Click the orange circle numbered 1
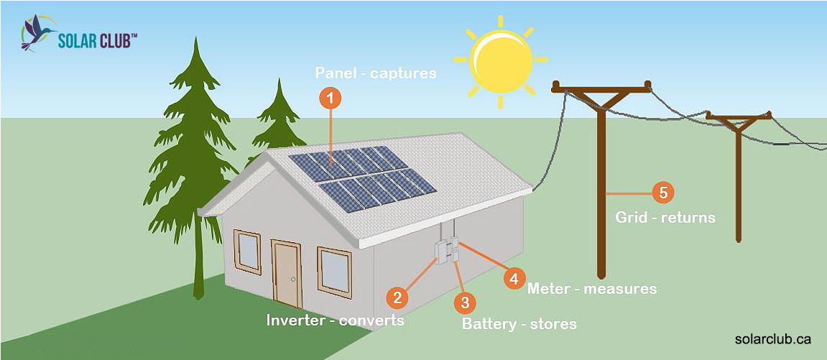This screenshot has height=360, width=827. point(330,98)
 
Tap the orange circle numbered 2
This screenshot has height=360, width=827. point(397,297)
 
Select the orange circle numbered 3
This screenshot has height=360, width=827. point(464,302)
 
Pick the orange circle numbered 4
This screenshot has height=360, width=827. point(514,277)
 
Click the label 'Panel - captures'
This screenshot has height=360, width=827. point(375,73)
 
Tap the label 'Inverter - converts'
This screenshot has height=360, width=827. point(335,320)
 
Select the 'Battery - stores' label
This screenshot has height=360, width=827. point(519,324)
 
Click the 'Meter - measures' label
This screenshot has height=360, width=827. point(592,289)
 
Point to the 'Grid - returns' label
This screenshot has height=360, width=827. point(665,216)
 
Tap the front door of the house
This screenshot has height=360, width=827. point(287,275)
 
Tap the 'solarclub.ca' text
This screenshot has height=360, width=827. point(773,338)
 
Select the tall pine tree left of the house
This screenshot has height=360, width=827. point(193,165)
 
